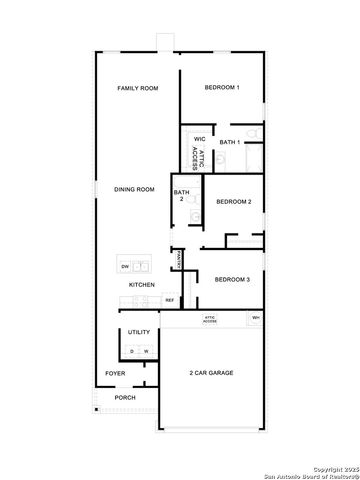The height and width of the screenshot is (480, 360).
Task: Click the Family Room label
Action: (138, 89)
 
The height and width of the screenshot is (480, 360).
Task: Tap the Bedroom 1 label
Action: (222, 88)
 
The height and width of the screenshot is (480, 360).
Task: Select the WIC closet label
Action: (199, 139)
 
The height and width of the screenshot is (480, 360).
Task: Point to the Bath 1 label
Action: (230, 143)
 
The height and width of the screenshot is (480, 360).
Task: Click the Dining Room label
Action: (134, 189)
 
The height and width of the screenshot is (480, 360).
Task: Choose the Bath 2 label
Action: (181, 195)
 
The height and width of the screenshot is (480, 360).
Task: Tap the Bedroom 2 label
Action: (233, 202)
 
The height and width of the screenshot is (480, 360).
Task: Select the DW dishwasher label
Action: (125, 267)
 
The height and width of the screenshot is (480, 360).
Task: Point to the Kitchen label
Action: (141, 285)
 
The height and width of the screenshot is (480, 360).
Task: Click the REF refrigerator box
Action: (170, 299)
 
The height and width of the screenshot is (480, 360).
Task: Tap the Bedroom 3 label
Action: (233, 280)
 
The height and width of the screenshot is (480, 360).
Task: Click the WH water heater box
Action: (256, 318)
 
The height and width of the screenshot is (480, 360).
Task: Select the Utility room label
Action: (138, 332)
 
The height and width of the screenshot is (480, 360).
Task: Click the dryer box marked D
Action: (132, 352)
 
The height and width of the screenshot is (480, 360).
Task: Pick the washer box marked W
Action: (146, 352)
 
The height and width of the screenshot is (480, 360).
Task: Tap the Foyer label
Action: (116, 374)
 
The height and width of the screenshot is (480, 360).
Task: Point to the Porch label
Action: (125, 398)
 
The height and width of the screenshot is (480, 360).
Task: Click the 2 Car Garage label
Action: (211, 373)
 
